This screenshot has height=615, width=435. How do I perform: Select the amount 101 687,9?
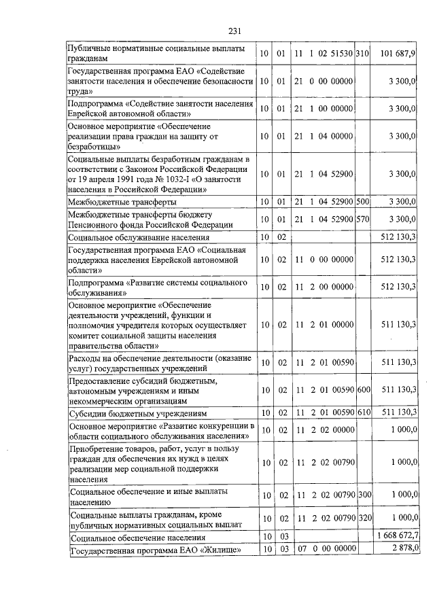point(400,54)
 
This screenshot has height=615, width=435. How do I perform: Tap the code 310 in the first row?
point(362,54)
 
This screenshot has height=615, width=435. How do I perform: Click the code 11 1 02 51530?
point(323,54)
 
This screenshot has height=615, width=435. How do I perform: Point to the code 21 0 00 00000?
point(323,82)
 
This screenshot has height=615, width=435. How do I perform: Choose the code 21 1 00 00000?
point(323,109)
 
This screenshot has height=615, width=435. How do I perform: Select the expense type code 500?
point(362,202)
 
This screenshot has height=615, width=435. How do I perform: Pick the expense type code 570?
point(362,219)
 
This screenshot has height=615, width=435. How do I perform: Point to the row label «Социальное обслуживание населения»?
point(139,237)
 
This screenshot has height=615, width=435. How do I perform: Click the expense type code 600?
point(362,389)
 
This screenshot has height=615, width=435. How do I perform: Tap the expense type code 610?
point(362,412)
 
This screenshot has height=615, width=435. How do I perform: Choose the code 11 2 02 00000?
point(323,430)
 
